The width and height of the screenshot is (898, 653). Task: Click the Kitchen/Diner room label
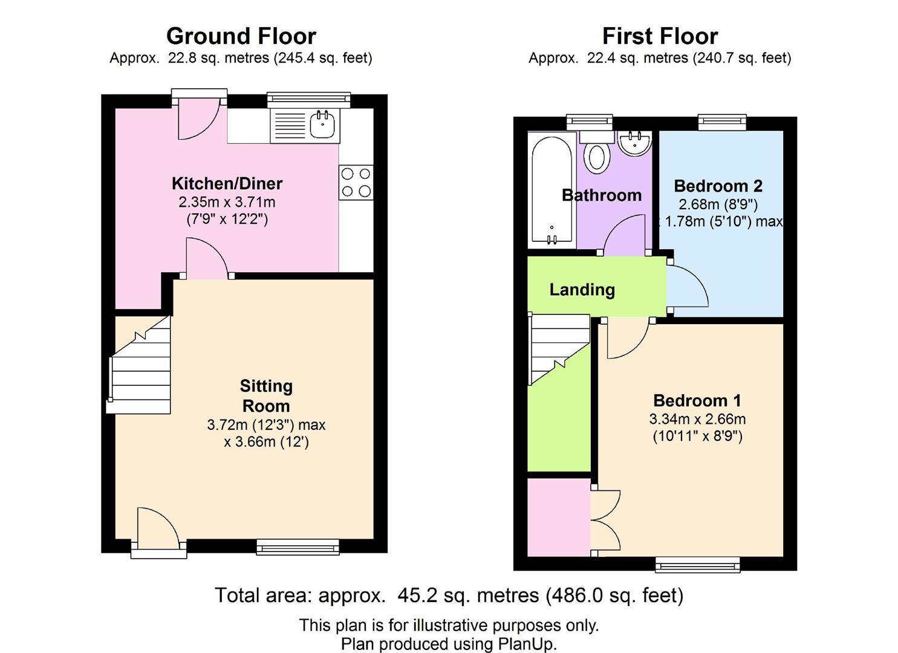click(x=227, y=183)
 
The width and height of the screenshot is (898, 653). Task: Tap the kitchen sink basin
click(x=323, y=125)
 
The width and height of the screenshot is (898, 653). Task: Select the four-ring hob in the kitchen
click(x=356, y=183)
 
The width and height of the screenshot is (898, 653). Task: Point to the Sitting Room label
click(x=266, y=395)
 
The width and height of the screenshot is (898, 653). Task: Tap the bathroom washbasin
click(x=635, y=144)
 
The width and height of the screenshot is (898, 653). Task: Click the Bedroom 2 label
click(x=718, y=186)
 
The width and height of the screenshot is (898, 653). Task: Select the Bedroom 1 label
click(x=697, y=400)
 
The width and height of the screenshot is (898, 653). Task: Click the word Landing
click(x=582, y=290)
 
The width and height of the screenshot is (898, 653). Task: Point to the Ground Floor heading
click(x=241, y=36)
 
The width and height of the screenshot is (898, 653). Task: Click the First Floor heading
click(x=660, y=36)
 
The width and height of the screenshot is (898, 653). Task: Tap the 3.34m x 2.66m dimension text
click(x=697, y=418)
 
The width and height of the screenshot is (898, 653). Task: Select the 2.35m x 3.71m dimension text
click(x=227, y=201)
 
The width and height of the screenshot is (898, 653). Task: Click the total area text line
click(x=449, y=596)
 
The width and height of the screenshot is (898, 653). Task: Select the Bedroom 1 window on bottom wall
click(x=698, y=565)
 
